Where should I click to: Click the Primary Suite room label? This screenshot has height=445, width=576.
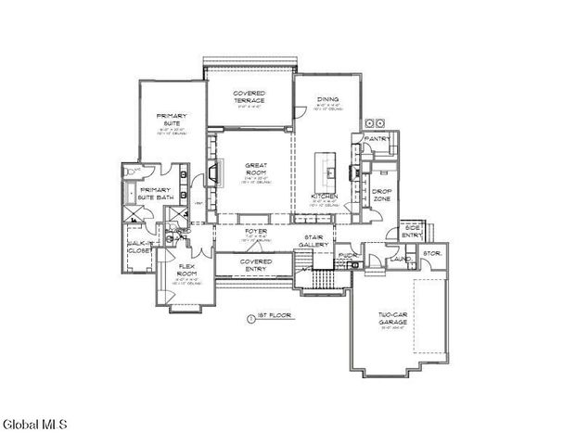click(171, 121)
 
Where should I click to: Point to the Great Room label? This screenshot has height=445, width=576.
click(256, 170)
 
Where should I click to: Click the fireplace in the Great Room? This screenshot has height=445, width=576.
click(213, 173)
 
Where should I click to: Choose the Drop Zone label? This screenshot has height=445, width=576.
click(381, 196)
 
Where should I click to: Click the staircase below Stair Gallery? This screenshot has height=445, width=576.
click(322, 277)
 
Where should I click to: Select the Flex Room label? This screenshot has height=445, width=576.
click(186, 271)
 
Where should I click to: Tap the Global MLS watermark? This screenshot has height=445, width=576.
click(34, 425)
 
